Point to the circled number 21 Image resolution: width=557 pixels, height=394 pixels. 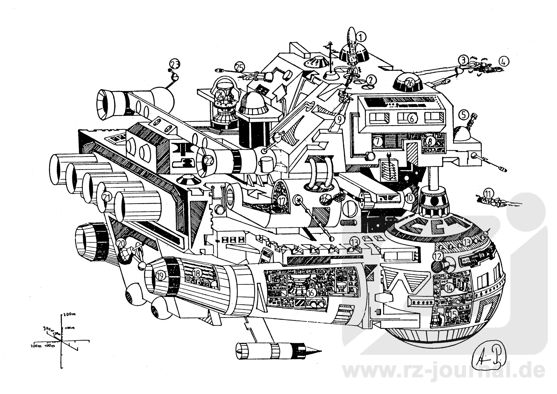107,198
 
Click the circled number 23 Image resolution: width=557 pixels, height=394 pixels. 175,63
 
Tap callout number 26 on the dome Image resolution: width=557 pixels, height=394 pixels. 409,83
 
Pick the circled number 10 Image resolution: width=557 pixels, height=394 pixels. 409,198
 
